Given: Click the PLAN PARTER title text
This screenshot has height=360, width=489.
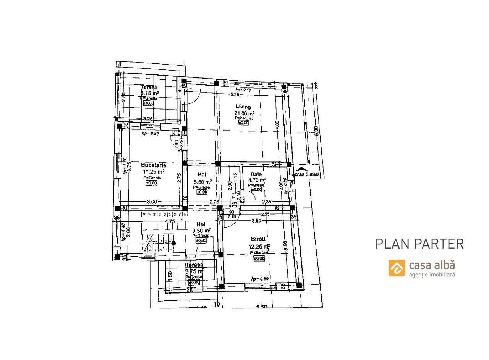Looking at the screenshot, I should [x=419, y=244].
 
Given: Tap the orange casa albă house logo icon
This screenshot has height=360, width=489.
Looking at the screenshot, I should [x=397, y=268].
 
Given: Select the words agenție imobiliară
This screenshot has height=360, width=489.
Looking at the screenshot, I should [x=432, y=274].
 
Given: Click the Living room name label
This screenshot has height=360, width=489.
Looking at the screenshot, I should [x=243, y=107].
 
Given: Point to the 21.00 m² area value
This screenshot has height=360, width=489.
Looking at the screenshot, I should [x=244, y=113].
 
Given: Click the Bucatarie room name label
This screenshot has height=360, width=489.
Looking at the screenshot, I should [x=154, y=165].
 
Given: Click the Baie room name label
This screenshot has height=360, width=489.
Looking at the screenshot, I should [x=256, y=174].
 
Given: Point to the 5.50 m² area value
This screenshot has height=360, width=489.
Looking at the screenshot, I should [x=202, y=182].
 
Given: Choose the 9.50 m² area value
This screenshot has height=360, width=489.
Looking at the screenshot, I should [x=202, y=231].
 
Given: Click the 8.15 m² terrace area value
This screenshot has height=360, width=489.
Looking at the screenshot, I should [x=150, y=93].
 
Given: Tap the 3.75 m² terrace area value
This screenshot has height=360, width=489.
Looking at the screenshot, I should [x=194, y=271].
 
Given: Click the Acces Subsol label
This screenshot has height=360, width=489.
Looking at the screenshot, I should [x=305, y=174].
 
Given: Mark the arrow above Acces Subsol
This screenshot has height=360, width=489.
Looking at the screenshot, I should [x=301, y=168].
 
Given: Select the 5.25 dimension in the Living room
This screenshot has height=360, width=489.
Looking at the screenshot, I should [x=234, y=94].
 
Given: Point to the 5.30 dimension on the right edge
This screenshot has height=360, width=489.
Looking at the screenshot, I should [x=316, y=130].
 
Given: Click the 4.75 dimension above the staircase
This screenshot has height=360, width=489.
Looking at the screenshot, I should [x=170, y=221].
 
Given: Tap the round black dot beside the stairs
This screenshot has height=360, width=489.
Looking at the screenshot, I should [x=173, y=243].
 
